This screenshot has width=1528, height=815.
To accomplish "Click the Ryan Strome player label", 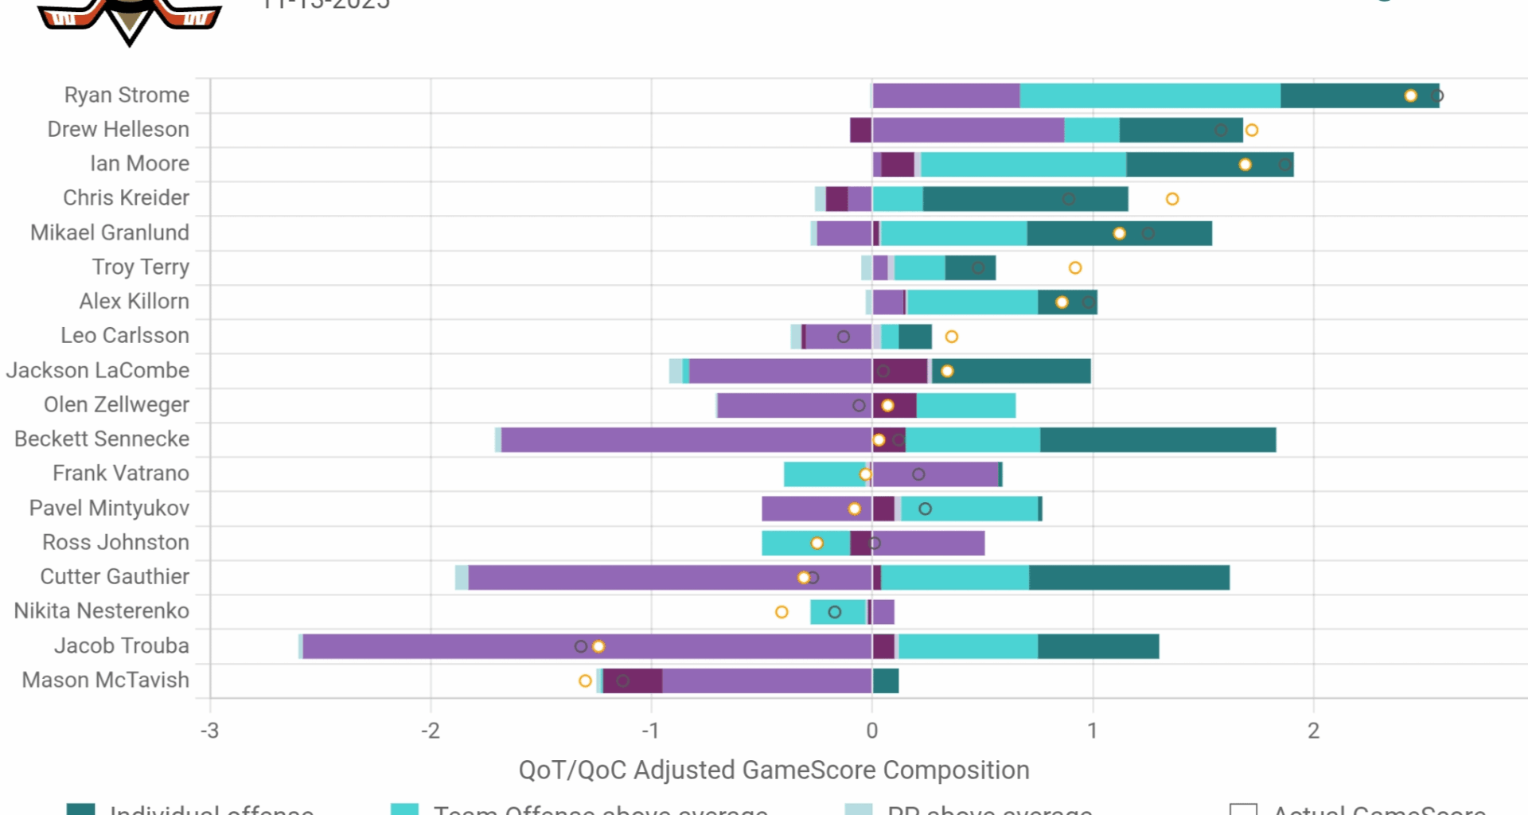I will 127,95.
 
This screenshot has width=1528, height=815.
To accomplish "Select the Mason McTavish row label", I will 105,680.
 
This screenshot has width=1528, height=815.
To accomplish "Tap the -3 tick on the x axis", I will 209,731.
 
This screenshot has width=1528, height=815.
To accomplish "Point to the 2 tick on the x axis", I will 1313,731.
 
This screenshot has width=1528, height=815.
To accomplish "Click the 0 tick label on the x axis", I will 872,731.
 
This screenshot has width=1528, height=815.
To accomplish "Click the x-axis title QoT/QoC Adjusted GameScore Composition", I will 774,770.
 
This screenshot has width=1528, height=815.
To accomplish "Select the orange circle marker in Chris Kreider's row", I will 1172,199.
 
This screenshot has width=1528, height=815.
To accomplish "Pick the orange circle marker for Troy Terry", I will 1075,267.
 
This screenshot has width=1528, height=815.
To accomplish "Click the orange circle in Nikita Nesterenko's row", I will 782,612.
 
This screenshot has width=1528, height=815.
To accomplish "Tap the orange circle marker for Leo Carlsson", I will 951,337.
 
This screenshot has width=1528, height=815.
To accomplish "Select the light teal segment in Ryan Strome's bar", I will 1150,96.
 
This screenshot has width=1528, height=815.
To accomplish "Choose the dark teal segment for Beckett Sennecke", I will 1158,440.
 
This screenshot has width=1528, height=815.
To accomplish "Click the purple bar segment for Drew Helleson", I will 968,130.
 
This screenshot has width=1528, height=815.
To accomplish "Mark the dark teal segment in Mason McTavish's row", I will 886,681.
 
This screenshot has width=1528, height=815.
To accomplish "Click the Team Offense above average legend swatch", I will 404,809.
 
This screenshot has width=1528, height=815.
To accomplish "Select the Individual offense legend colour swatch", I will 80,809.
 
